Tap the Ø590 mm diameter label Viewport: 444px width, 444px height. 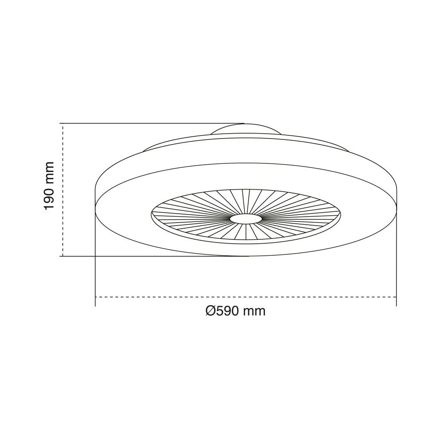[x=236, y=311]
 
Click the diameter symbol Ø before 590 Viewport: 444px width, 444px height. [x=211, y=311]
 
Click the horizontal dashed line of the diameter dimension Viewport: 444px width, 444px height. [x=246, y=297]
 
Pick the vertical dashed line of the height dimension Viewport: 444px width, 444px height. [x=63, y=190]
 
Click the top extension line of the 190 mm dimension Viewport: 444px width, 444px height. [x=151, y=123]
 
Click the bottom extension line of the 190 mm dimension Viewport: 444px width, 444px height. [x=151, y=256]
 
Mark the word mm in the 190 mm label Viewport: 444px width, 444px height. [x=49, y=171]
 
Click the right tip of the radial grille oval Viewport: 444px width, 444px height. [x=342, y=214]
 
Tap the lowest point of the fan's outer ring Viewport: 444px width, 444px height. [x=246, y=256]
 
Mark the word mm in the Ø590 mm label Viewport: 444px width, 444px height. [x=255, y=311]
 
